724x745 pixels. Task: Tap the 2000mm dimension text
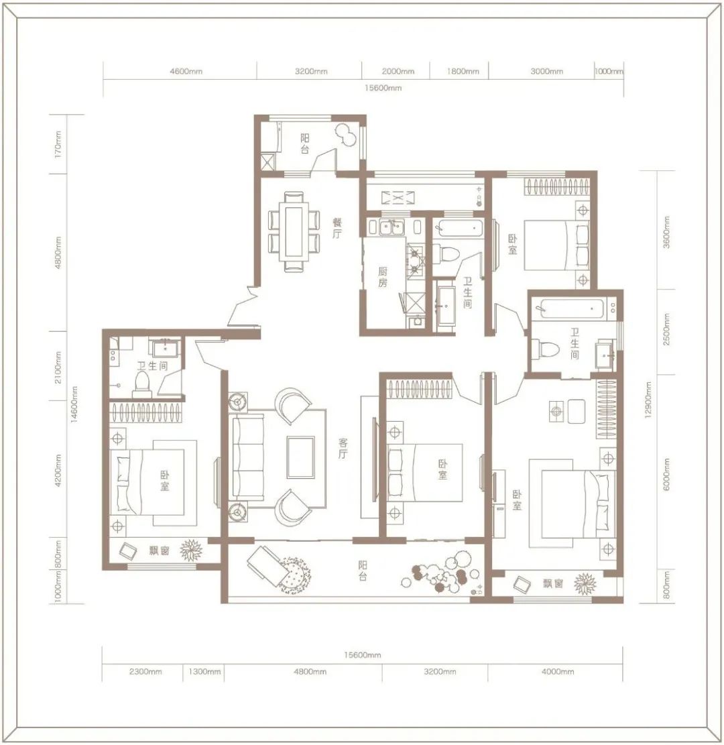coord(399,72)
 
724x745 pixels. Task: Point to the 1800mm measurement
coord(463,72)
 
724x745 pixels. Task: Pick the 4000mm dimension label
coord(558,672)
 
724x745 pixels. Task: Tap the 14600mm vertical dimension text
coord(74,408)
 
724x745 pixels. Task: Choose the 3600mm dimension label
coord(666,232)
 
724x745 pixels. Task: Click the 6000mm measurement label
coord(666,474)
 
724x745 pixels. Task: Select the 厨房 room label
coord(383,278)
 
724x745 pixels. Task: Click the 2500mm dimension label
coord(666,331)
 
